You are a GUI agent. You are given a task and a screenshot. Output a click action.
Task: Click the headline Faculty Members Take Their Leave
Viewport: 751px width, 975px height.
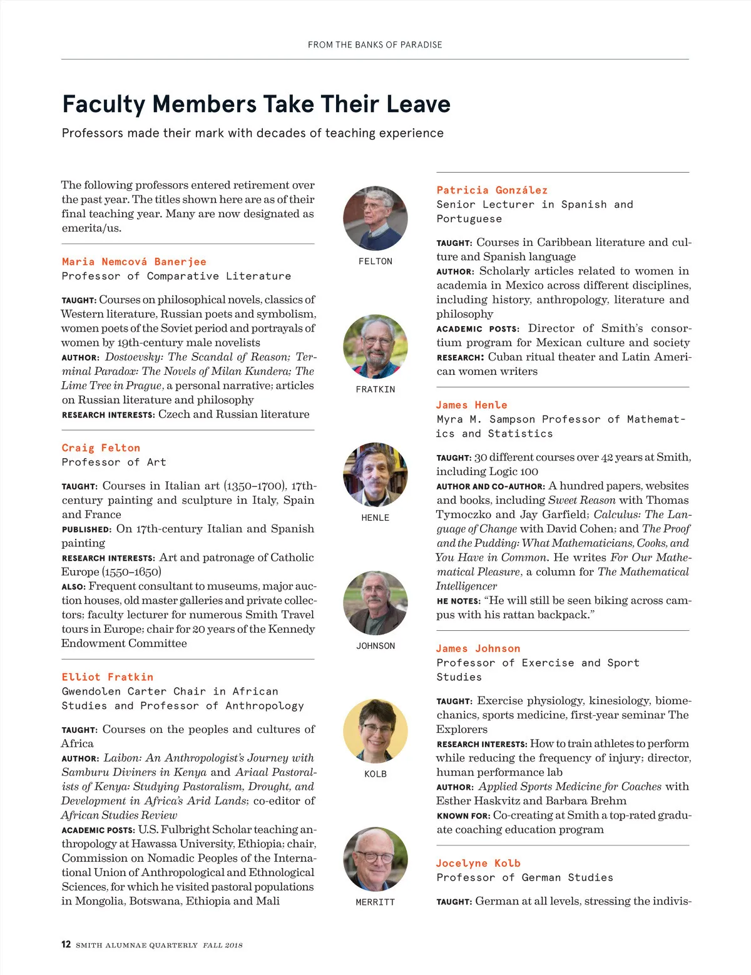[256, 104]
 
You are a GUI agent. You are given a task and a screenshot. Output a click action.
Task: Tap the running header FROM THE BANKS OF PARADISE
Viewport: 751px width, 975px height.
[375, 45]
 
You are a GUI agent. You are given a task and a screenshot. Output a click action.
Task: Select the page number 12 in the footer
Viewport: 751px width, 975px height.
[66, 944]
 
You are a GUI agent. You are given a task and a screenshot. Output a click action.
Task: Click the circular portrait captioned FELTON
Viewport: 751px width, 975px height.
[375, 218]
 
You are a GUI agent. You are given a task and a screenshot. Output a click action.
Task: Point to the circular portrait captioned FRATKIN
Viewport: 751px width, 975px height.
[375, 347]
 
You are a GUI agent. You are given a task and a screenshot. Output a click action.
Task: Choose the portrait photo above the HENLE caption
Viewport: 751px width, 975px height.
[375, 475]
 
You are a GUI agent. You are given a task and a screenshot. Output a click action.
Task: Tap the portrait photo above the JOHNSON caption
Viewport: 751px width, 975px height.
[375, 603]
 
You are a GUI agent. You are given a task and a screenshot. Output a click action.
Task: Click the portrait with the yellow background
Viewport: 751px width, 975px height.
[375, 732]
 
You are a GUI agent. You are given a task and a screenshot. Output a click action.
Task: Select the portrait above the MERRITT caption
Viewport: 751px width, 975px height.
[375, 860]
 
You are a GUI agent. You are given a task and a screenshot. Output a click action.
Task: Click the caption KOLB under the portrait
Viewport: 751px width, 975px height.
[375, 774]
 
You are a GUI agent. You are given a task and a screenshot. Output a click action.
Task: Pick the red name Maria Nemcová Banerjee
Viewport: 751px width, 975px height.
[134, 262]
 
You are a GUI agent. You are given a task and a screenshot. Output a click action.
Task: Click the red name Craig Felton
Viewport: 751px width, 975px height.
[101, 448]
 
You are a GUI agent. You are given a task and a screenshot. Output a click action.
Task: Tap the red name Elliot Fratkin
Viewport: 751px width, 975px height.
[107, 677]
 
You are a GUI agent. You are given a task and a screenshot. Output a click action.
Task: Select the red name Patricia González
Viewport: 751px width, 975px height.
[492, 190]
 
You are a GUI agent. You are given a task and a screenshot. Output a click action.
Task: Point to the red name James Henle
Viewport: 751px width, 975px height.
[472, 406]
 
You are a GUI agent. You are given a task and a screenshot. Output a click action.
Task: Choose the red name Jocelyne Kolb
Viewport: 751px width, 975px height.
[478, 864]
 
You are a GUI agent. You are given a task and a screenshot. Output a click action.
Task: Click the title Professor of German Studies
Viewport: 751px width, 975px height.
[524, 878]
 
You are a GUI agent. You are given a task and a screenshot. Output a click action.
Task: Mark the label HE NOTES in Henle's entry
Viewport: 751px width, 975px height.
[458, 601]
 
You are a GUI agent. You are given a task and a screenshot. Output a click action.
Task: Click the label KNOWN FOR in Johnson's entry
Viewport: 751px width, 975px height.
[462, 816]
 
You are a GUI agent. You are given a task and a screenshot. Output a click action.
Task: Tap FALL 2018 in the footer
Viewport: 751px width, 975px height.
[222, 945]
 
